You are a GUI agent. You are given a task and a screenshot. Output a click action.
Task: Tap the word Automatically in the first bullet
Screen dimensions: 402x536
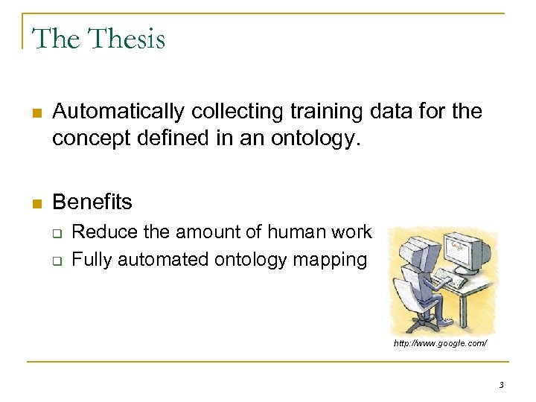click(119, 112)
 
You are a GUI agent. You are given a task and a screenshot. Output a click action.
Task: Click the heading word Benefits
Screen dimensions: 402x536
click(92, 202)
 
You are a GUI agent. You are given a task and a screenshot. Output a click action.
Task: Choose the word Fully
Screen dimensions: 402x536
click(89, 260)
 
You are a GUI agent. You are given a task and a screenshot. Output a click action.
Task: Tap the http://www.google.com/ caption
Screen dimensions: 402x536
click(441, 344)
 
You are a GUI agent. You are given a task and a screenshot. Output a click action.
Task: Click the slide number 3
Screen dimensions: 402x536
click(501, 385)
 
